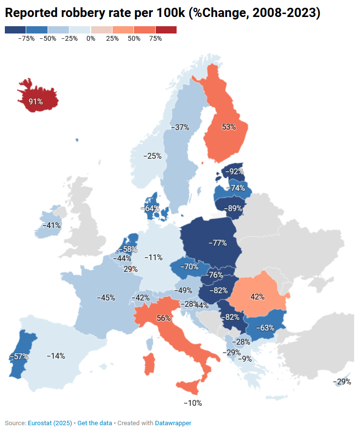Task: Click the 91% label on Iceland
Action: (x=35, y=101)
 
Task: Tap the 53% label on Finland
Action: (x=229, y=127)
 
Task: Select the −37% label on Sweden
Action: (x=180, y=127)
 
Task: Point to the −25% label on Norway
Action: (x=152, y=156)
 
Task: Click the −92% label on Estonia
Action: (x=235, y=171)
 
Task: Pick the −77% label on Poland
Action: (x=217, y=243)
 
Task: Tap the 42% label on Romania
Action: (x=257, y=297)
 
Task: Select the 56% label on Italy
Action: (x=164, y=318)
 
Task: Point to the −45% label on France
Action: (x=106, y=297)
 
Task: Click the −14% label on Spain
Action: (x=56, y=356)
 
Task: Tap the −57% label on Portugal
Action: (x=19, y=356)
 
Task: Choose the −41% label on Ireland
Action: (x=51, y=225)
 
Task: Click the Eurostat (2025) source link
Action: (x=50, y=423)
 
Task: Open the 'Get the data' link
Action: (x=95, y=423)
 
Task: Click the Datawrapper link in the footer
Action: (x=173, y=423)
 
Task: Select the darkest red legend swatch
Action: (x=166, y=30)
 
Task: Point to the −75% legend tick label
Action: (x=26, y=38)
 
